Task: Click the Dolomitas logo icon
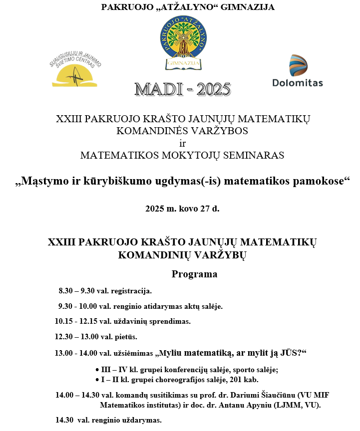pos(298,65)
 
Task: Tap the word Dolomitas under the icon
pos(298,83)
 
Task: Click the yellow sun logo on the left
pos(75,74)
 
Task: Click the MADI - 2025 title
pos(183,90)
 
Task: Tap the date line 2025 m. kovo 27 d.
pos(182,209)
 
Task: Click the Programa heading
pos(194,274)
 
